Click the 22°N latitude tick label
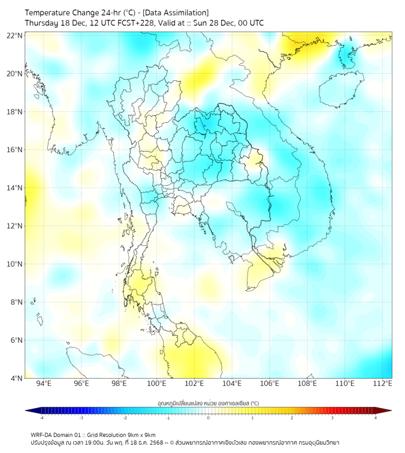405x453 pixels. point(14,35)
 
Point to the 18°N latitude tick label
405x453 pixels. point(14,112)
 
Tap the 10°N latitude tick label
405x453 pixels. point(14,264)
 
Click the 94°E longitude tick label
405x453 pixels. point(44,384)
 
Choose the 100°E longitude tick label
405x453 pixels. point(156,384)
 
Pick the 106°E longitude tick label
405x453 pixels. point(270,384)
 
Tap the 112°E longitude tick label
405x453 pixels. point(383,384)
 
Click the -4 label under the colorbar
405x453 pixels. point(41,418)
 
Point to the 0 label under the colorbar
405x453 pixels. point(208,418)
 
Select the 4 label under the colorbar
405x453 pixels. point(375,418)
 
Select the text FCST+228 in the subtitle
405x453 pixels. point(139,23)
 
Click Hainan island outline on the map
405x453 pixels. point(341,90)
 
